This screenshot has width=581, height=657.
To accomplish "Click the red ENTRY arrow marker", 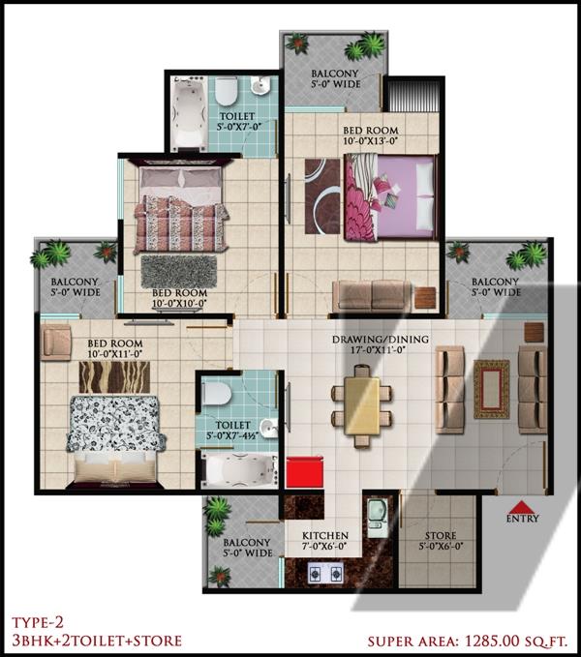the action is click(x=522, y=507).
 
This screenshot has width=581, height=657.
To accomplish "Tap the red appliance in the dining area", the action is click(x=305, y=472).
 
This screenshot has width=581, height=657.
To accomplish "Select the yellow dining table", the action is click(x=362, y=405).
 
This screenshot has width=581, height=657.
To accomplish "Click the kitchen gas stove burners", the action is click(x=325, y=573).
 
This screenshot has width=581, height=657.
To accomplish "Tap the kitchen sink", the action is click(x=377, y=519).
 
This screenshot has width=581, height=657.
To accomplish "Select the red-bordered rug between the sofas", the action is click(x=491, y=389).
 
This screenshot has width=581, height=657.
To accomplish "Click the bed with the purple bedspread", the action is click(x=391, y=197).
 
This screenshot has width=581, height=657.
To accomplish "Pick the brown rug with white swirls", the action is click(x=321, y=196).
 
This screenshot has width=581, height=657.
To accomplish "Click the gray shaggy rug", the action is click(x=179, y=271).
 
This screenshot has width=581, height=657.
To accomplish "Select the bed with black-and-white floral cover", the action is click(x=114, y=441).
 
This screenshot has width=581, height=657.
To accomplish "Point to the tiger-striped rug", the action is click(x=114, y=376).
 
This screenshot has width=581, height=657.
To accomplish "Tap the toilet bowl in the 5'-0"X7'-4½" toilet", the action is click(x=216, y=394).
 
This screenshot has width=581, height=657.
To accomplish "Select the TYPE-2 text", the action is click(x=38, y=622).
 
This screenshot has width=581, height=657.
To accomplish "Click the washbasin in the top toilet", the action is click(x=260, y=86).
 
